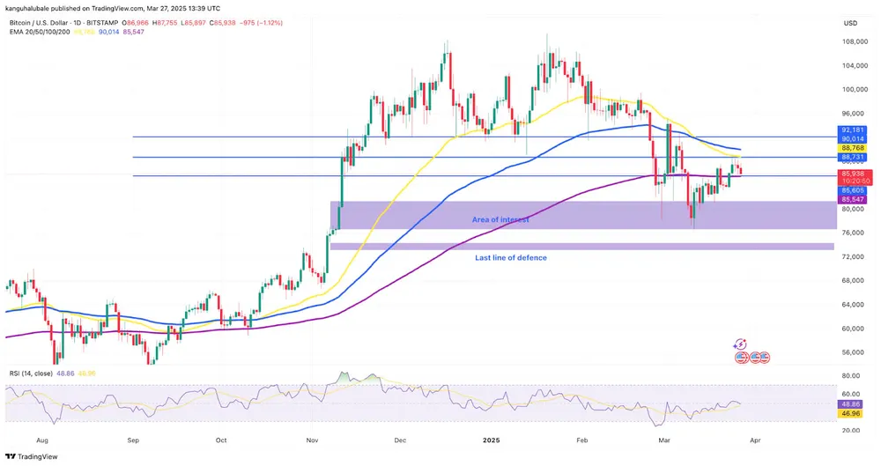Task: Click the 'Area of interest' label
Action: (500, 218)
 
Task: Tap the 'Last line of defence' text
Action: (510, 257)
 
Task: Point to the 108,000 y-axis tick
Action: (851, 41)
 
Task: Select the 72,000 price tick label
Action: (850, 257)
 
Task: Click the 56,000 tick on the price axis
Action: (850, 352)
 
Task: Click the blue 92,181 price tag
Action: (852, 129)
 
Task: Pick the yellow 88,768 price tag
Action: (852, 148)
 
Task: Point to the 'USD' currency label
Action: (850, 23)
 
